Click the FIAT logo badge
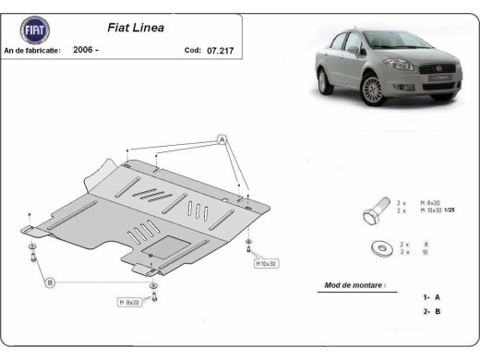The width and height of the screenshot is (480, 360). (x=30, y=30)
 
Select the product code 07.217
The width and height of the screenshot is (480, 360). (x=221, y=50)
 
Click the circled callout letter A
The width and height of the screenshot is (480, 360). (x=222, y=139)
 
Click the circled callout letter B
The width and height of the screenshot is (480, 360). (x=50, y=282)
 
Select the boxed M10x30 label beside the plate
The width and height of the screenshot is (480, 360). (x=267, y=263)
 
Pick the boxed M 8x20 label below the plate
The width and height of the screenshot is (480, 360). (x=130, y=303)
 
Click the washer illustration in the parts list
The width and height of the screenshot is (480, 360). (x=378, y=246)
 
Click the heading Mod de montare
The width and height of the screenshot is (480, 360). (x=354, y=285)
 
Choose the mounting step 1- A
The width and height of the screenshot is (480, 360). (x=431, y=298)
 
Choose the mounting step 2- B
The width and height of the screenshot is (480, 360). (x=431, y=313)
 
